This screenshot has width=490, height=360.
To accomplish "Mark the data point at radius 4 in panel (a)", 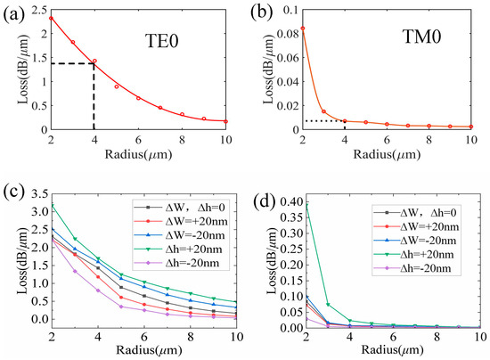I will click(94, 61).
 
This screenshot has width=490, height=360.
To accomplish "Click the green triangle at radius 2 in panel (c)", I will click(52, 205).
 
